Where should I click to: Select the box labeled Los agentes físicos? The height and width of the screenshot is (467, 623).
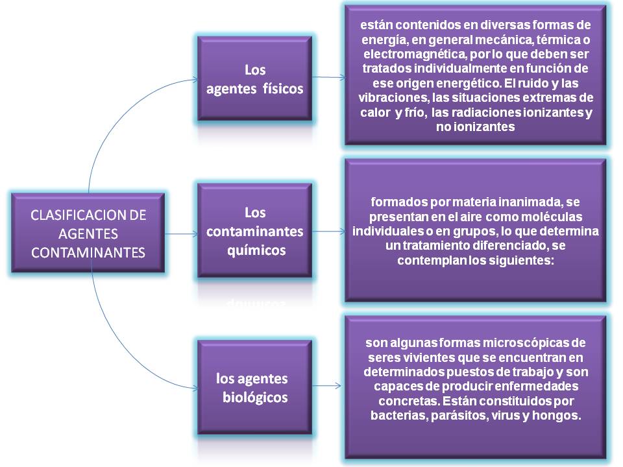coord(254,80)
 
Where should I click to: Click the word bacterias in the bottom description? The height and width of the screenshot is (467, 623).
coord(397,414)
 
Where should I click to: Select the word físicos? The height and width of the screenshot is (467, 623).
coord(283,89)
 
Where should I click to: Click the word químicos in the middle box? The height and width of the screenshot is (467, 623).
coord(256,250)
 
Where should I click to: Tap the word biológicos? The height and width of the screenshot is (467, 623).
coord(254,397)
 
